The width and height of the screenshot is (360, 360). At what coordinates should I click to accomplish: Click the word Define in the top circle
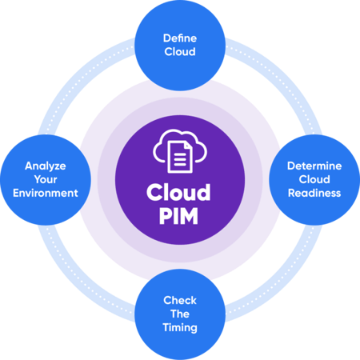[180, 38]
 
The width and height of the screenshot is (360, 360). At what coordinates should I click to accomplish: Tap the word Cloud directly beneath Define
[180, 51]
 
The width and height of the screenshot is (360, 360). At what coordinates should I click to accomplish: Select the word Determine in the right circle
[314, 166]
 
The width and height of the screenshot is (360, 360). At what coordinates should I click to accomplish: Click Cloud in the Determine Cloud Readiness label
[314, 180]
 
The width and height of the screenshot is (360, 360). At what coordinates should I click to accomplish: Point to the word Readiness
[314, 194]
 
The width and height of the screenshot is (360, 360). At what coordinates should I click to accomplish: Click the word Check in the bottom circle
[180, 300]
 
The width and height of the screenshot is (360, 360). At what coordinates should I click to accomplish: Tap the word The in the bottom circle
[180, 314]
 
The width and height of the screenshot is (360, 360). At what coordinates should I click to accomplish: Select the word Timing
[180, 327]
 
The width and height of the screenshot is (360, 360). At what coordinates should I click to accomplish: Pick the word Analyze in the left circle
[45, 166]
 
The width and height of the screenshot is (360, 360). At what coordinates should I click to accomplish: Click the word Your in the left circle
[45, 180]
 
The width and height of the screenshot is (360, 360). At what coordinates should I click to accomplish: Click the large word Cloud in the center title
[179, 193]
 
